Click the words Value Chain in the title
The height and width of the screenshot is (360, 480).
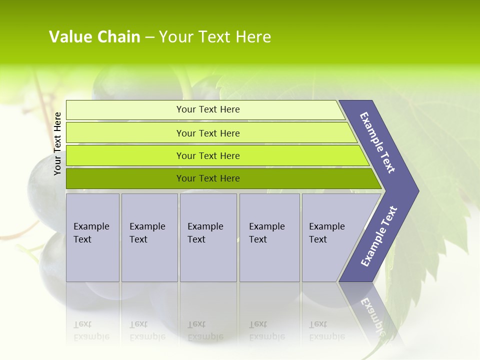pyautogui.click(x=94, y=37)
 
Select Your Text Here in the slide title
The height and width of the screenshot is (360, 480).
pyautogui.click(x=215, y=37)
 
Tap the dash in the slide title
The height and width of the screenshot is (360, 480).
pyautogui.click(x=149, y=37)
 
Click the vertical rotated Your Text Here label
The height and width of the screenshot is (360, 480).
pyautogui.click(x=57, y=143)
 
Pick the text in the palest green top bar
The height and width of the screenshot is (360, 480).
pyautogui.click(x=208, y=109)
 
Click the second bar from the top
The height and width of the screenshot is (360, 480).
pyautogui.click(x=208, y=133)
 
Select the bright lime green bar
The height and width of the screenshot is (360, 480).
pyautogui.click(x=208, y=155)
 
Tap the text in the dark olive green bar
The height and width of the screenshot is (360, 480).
pyautogui.click(x=208, y=178)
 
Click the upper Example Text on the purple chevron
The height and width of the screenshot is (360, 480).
pyautogui.click(x=377, y=142)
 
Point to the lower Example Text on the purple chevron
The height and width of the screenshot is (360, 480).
pyautogui.click(x=378, y=236)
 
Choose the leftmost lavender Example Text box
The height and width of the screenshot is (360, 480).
pyautogui.click(x=92, y=237)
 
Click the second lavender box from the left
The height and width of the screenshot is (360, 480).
pyautogui.click(x=149, y=237)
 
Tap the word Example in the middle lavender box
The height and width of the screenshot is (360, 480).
pyautogui.click(x=205, y=226)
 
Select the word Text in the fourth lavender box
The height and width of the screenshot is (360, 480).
pyautogui.click(x=258, y=239)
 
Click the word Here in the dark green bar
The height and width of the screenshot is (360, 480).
pyautogui.click(x=229, y=178)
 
